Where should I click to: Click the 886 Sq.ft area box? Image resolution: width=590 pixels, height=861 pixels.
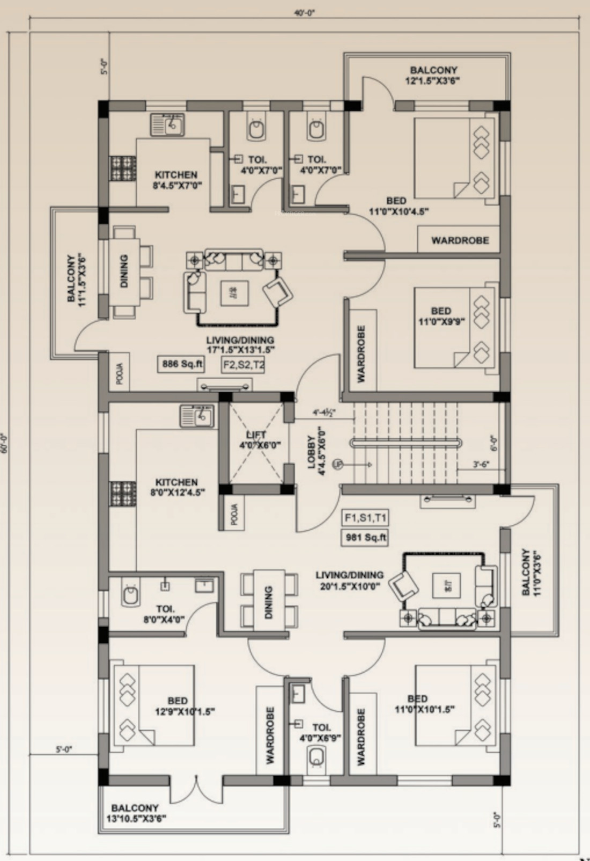[182, 364]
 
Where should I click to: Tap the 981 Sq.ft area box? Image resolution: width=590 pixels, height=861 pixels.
[365, 537]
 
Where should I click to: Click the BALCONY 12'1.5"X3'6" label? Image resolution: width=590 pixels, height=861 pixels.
[433, 75]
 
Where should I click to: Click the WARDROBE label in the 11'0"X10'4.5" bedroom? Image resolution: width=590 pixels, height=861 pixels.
[460, 240]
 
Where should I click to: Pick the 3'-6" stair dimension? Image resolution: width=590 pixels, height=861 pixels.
[481, 465]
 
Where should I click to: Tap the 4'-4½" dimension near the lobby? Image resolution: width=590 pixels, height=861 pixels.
[324, 414]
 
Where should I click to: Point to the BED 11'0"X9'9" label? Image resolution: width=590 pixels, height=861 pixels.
[441, 316]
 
